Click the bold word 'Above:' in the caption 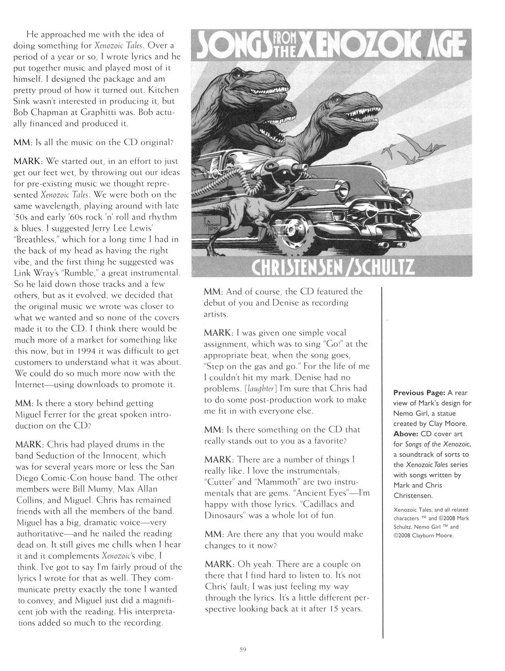[406, 434]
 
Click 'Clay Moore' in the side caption [448, 423]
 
